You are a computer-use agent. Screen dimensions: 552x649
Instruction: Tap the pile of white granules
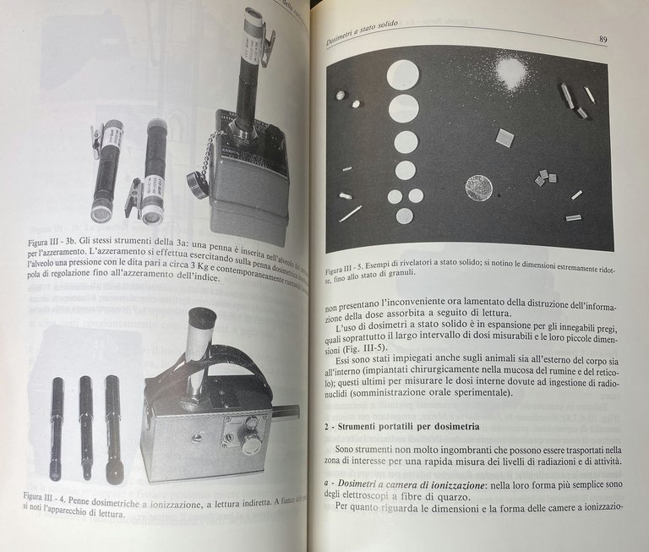coord(510,72)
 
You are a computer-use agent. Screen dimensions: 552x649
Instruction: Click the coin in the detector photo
coord(478,187)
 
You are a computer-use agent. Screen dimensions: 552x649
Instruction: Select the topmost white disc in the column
coord(402,74)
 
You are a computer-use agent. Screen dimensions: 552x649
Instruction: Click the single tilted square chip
coord(504,137)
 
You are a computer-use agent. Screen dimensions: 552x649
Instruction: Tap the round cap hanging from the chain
coord(198,183)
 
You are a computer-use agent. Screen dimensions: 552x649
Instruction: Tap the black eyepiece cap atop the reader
coord(202,320)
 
